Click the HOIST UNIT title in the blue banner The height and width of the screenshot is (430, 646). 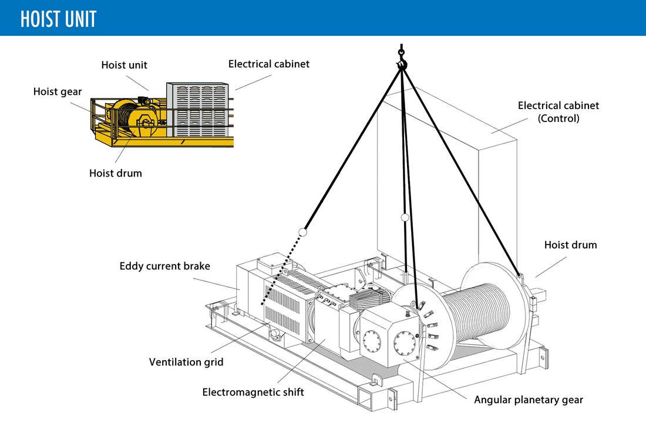tap(58, 19)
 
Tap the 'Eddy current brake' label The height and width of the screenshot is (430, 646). tap(164, 266)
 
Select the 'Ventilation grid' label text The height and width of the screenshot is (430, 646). tap(186, 362)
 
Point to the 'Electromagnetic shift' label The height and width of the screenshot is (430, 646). tap(253, 392)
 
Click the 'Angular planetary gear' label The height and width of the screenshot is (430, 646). tap(529, 400)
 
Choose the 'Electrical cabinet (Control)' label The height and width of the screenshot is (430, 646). tap(558, 111)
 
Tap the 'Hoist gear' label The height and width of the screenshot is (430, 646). tap(58, 92)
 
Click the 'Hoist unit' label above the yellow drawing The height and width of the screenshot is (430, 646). tap(125, 65)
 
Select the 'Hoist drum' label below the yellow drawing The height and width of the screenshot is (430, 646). tap(116, 173)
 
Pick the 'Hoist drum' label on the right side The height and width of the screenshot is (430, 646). tap(570, 245)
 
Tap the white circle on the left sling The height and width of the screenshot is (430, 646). tap(303, 232)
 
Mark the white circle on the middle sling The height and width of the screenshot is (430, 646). tap(404, 218)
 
